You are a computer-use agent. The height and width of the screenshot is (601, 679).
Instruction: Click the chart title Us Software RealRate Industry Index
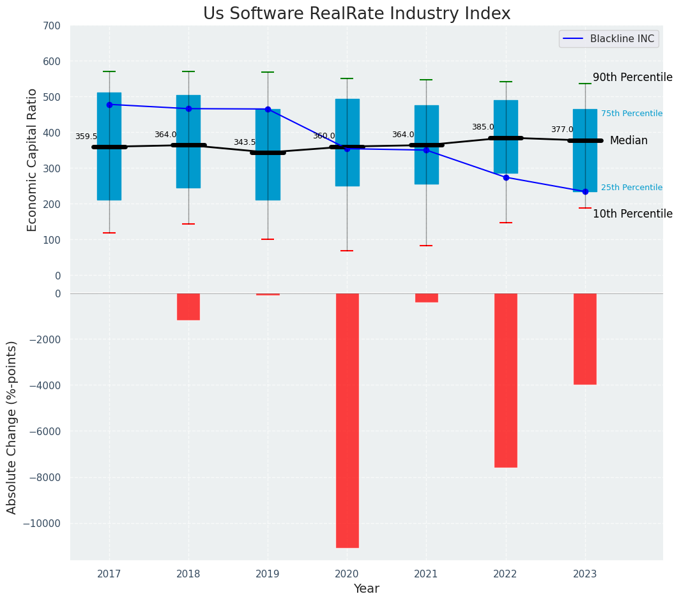click(x=356, y=14)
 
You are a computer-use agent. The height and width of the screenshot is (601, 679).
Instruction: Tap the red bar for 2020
click(x=347, y=420)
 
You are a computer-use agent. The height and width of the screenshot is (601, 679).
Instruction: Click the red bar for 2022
click(x=506, y=380)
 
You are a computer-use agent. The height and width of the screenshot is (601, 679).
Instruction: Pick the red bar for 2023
click(x=585, y=339)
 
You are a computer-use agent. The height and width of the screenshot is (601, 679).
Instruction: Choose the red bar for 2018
click(x=188, y=306)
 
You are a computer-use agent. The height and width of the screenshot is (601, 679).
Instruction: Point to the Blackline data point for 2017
click(x=109, y=105)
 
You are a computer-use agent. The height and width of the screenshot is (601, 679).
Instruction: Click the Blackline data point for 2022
click(x=506, y=177)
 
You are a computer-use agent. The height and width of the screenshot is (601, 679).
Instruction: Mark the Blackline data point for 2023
click(x=585, y=191)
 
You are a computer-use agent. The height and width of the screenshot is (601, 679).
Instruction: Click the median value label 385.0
click(x=483, y=128)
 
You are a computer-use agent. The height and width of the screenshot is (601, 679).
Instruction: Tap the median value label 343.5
click(x=245, y=143)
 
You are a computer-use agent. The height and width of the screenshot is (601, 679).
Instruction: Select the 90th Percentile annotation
click(x=632, y=78)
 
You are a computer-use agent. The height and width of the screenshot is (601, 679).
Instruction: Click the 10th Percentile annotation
click(x=632, y=214)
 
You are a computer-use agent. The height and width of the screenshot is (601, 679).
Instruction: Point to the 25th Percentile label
click(x=631, y=188)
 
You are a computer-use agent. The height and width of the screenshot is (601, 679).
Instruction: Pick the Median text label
click(x=629, y=141)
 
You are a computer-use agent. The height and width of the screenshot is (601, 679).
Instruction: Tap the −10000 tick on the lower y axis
click(x=44, y=524)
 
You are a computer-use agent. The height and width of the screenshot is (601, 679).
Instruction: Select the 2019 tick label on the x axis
click(x=268, y=574)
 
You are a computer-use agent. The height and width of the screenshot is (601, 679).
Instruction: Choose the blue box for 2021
click(x=426, y=145)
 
